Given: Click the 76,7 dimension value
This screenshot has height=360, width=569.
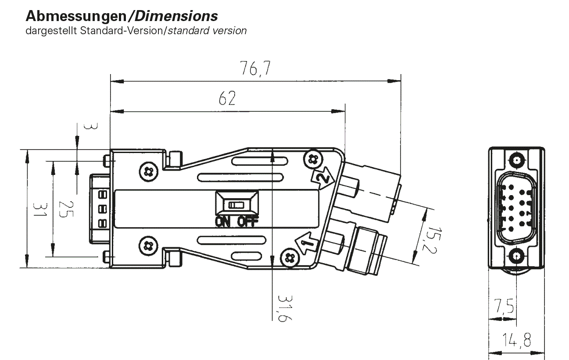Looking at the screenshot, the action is coord(255,68).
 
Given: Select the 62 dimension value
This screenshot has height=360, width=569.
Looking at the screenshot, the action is coord(227,98).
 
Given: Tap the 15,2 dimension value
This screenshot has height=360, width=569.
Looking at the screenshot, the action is coord(431,240).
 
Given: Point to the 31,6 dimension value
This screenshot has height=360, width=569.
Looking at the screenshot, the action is coord(285,308).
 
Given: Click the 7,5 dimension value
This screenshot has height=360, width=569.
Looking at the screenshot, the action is coord(504,306).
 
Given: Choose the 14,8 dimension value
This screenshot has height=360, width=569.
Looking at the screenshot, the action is coord(517,340).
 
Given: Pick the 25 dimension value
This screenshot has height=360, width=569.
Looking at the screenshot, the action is coord(66,209).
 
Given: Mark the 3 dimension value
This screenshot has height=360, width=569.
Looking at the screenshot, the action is coord(90,126).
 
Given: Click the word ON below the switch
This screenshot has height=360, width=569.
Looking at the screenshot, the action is coord(222,222).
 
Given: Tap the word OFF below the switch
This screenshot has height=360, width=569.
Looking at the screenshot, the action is coord(248,222).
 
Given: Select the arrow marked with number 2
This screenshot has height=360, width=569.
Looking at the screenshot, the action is coord(322,178).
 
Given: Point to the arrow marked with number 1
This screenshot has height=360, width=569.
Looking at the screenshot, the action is coord(306,243).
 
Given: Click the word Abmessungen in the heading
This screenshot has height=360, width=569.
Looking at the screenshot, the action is coord(76,16).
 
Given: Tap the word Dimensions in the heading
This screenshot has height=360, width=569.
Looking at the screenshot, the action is coord(176,16).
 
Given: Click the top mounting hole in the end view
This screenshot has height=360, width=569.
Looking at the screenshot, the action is coord(517,160).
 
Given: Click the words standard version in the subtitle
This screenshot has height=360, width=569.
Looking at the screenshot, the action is coord(207,31).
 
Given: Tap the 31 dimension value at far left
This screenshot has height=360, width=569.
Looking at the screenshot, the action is coord(40,210).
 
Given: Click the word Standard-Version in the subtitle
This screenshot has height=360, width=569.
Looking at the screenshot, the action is coord(122,31).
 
